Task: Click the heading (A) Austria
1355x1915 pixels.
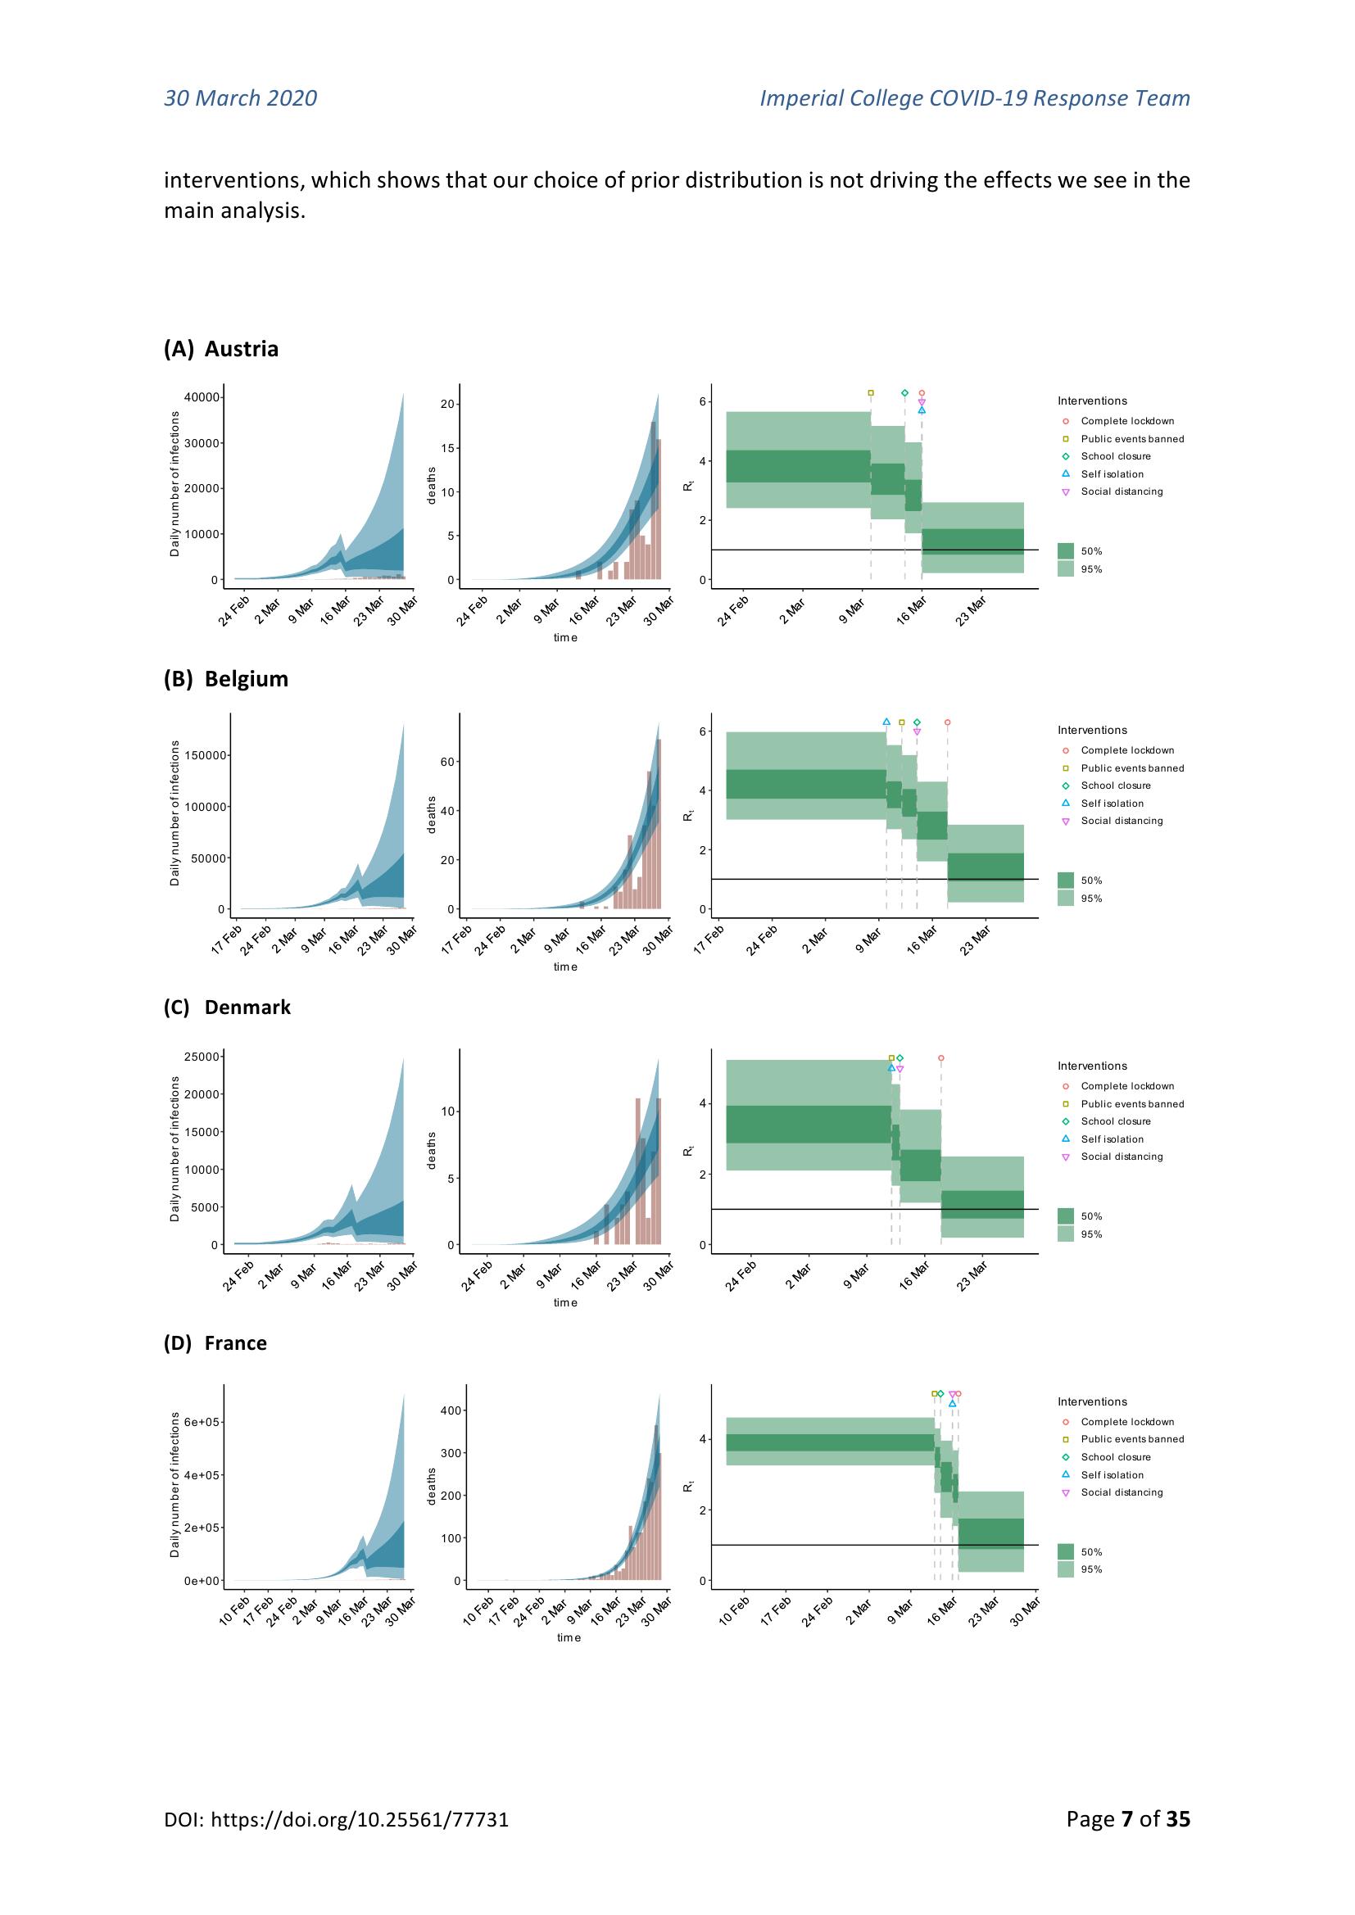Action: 220,349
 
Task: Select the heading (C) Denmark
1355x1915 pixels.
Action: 227,1007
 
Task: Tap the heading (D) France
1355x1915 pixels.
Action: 215,1342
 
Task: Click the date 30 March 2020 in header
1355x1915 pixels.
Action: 240,98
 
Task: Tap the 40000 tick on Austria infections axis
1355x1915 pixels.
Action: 202,397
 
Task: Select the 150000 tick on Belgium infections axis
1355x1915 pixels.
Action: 199,756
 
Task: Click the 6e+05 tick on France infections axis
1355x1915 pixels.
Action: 201,1422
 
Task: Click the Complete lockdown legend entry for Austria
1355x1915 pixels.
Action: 1126,421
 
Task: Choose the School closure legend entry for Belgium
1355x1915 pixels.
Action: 1115,785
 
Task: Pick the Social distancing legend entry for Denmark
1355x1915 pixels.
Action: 1122,1157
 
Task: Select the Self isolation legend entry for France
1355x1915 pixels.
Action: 1112,1474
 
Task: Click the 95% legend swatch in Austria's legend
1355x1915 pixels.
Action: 1066,568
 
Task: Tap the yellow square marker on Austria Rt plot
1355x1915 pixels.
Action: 871,393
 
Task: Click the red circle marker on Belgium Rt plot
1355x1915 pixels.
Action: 947,722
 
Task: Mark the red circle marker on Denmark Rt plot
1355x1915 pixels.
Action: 941,1057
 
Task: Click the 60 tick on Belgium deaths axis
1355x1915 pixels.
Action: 447,763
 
